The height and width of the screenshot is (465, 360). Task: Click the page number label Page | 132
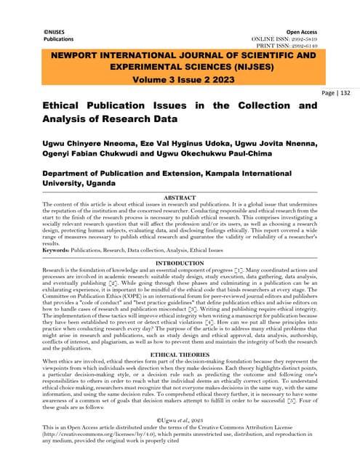point(337,94)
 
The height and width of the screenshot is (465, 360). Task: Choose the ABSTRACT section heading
point(179,197)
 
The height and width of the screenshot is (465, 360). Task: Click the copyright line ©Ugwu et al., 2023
point(179,421)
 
